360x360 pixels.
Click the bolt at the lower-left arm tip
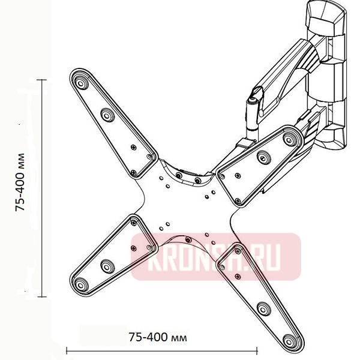80,283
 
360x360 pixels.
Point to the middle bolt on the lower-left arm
107,264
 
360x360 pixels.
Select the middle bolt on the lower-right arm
262,309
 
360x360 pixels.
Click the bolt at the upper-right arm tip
290,139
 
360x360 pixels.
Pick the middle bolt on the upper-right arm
262,157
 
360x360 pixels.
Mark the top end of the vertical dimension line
41,80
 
